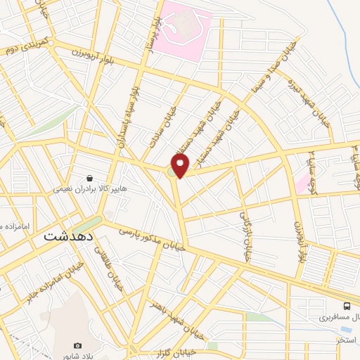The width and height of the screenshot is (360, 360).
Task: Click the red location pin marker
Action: [x=181, y=165]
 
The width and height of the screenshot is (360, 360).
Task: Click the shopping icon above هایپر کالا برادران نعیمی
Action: [x=89, y=179]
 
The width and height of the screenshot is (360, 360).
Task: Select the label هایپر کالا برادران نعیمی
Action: [x=89, y=189]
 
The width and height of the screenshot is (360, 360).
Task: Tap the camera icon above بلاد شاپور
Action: [x=78, y=346]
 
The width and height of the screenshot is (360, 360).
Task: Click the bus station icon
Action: [x=347, y=306]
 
